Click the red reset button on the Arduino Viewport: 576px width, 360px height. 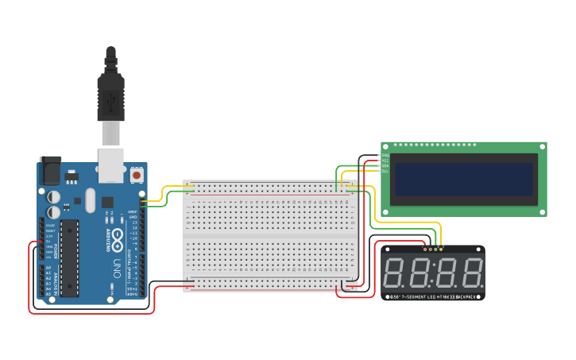(136, 174)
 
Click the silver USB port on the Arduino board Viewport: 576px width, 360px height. (110, 161)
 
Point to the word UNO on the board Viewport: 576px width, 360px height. (115, 262)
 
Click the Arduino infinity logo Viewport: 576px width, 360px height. (116, 239)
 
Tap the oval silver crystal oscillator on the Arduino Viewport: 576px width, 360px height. (90, 200)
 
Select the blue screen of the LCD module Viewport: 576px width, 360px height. (464, 179)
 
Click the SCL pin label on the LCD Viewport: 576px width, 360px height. (385, 171)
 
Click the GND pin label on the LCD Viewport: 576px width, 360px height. (385, 155)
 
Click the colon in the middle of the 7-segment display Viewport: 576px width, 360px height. (434, 273)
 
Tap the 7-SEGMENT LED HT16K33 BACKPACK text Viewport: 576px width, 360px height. (433, 296)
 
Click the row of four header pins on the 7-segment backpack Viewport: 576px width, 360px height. (433, 248)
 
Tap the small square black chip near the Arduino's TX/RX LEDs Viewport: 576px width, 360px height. (106, 202)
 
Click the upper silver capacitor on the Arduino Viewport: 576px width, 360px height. (54, 195)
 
